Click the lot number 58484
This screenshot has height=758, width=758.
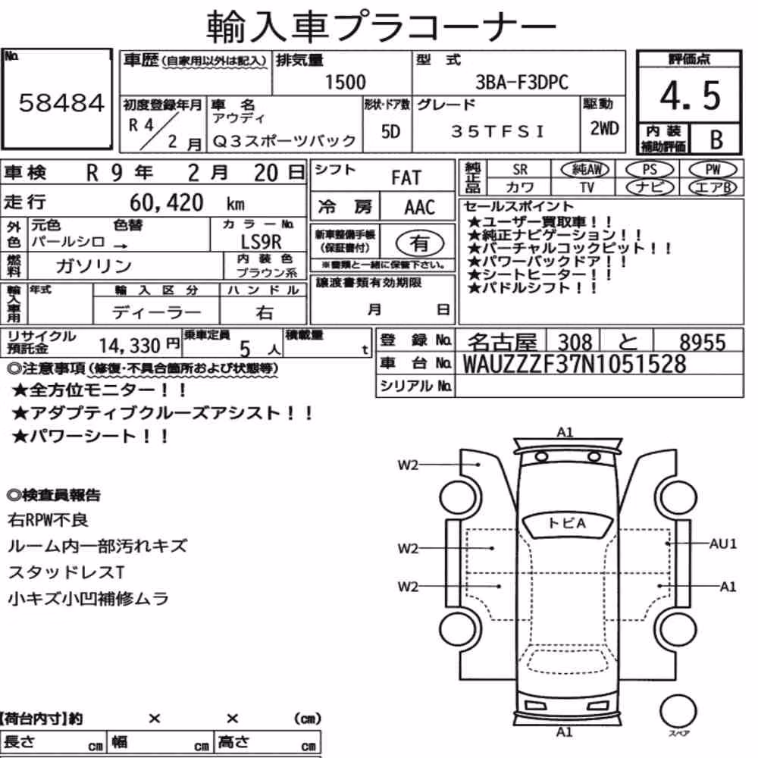pos(61,102)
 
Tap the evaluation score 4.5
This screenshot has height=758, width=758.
pos(691,96)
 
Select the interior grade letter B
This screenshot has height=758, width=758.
pos(716,139)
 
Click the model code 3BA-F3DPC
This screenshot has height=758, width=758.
pos(522,83)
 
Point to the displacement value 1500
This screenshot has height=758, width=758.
pos(345,82)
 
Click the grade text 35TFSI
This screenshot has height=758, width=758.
pos(497,131)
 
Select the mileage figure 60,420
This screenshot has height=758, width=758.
pos(166,202)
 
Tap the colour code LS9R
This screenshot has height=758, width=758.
pos(261,242)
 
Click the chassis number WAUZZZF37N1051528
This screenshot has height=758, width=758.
pos(575,364)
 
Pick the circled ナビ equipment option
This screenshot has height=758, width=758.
pos(650,187)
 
